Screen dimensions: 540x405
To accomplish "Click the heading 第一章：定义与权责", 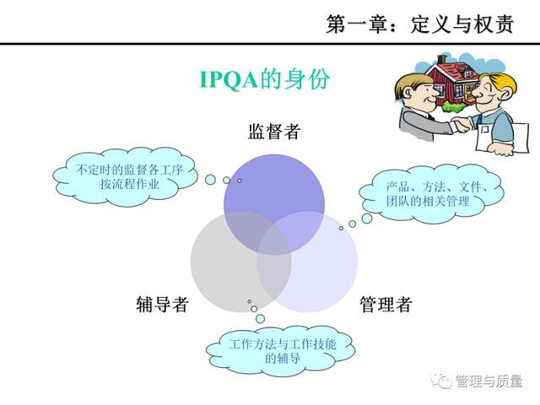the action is (x=420, y=24).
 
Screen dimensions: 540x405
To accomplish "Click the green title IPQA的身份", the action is (x=264, y=79).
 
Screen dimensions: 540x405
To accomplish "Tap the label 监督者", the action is (x=274, y=132).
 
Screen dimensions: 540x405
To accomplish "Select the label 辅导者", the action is (x=162, y=304).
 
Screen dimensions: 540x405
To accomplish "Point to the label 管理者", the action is (x=386, y=304).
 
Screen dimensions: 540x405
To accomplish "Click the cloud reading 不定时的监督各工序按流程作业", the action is (x=126, y=177).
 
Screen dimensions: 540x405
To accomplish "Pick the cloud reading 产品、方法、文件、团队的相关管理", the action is (x=431, y=194).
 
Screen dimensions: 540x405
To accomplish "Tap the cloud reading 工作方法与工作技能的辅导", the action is (x=281, y=351).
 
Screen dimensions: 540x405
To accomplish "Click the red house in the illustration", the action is (x=453, y=81).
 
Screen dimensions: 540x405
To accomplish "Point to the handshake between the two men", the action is (x=461, y=125).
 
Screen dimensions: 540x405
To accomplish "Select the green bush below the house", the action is (x=454, y=106).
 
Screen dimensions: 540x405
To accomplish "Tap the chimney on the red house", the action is (x=442, y=59).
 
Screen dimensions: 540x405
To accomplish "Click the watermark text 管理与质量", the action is (x=489, y=381).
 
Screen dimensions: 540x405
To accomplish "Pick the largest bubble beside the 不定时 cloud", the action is (x=210, y=180).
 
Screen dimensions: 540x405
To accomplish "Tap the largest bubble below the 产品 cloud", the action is (x=367, y=218).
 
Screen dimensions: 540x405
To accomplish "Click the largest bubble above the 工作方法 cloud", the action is (x=261, y=319).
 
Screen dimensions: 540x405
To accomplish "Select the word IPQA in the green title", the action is (x=229, y=80).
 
